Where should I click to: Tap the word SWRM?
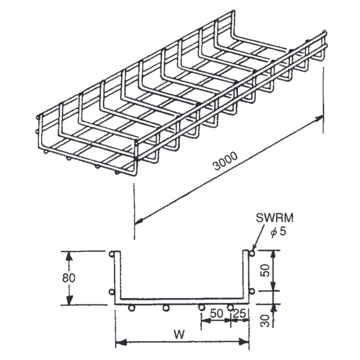tap(274, 220)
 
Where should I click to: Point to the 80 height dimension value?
tap(69, 278)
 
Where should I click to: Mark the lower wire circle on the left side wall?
tap(112, 292)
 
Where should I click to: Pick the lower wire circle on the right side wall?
tap(252, 292)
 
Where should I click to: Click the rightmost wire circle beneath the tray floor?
tap(230, 308)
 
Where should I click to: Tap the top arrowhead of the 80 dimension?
tap(69, 255)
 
